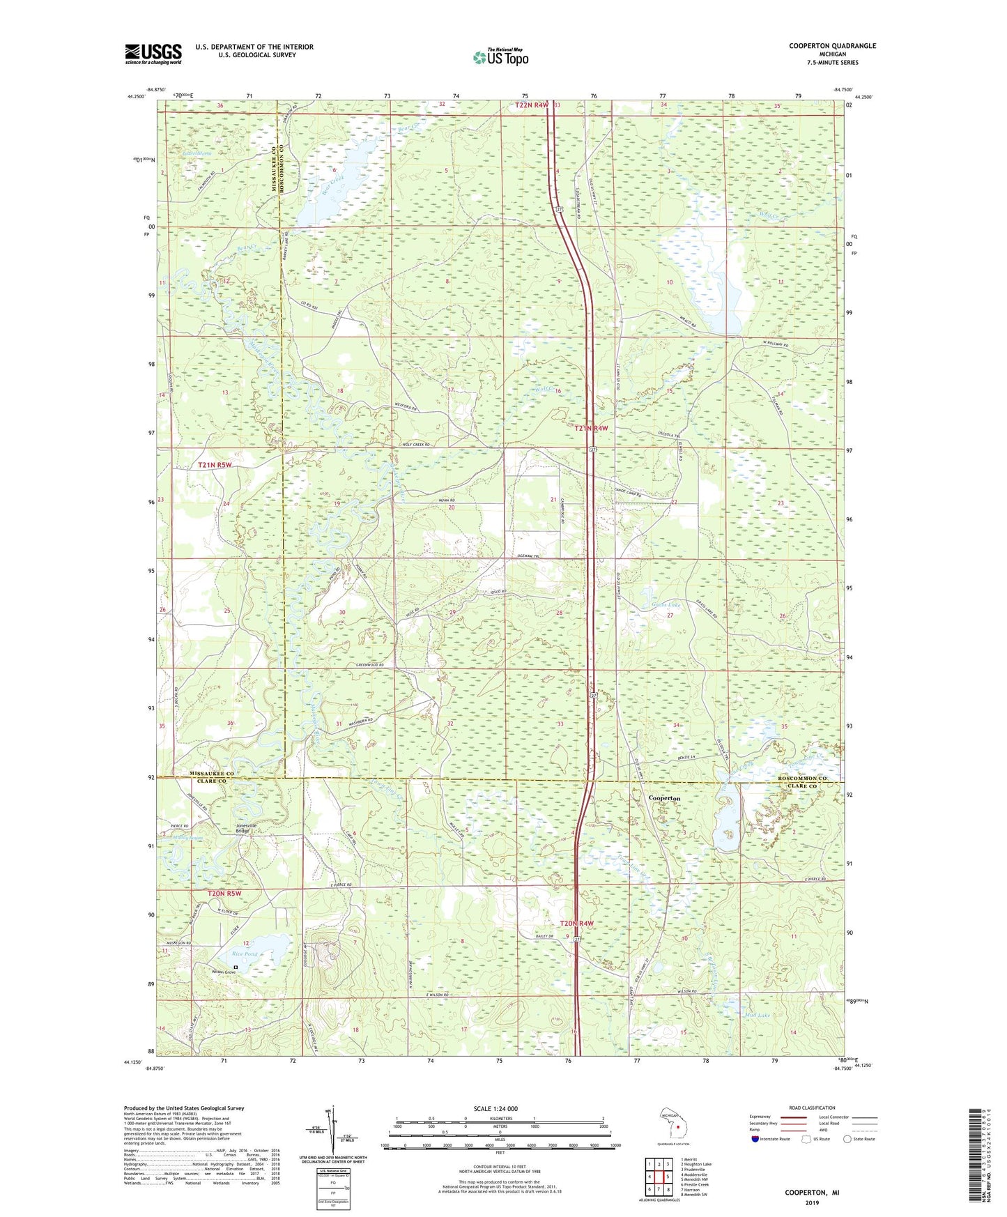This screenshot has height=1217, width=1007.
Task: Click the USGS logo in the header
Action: pyautogui.click(x=153, y=54)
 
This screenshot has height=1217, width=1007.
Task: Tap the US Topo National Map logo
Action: pyautogui.click(x=500, y=57)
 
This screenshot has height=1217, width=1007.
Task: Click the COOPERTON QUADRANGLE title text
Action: pyautogui.click(x=832, y=46)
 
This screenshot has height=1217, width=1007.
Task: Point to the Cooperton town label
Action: pyautogui.click(x=664, y=797)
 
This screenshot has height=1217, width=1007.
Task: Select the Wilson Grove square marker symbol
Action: pyautogui.click(x=236, y=967)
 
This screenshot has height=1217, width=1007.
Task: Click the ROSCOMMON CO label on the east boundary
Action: pyautogui.click(x=801, y=777)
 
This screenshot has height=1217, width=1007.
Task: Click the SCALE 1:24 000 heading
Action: pyautogui.click(x=495, y=1108)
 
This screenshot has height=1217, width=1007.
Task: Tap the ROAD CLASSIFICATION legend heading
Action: pyautogui.click(x=811, y=1108)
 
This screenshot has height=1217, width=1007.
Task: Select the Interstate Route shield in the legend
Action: pyautogui.click(x=755, y=1139)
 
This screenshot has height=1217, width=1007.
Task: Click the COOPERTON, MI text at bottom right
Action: pyautogui.click(x=812, y=1193)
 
